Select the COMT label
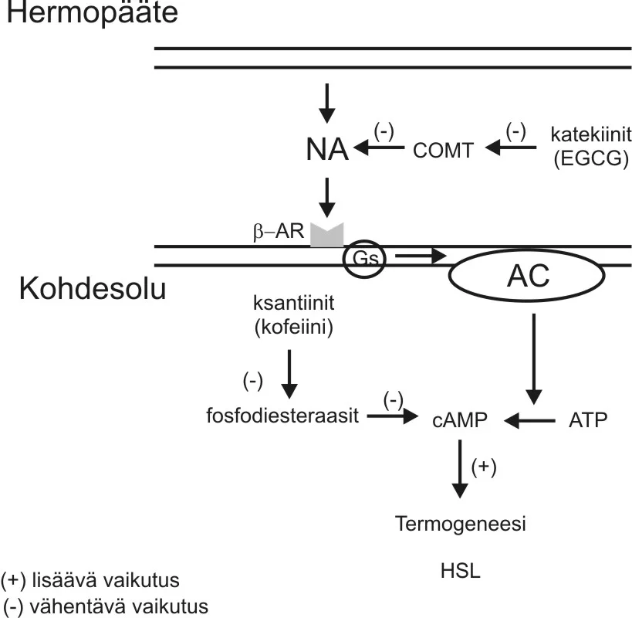tap(442, 150)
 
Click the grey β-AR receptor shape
tap(326, 234)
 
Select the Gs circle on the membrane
tap(367, 257)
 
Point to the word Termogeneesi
tap(460, 525)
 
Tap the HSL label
tap(460, 571)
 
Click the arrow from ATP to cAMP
tap(530, 420)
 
